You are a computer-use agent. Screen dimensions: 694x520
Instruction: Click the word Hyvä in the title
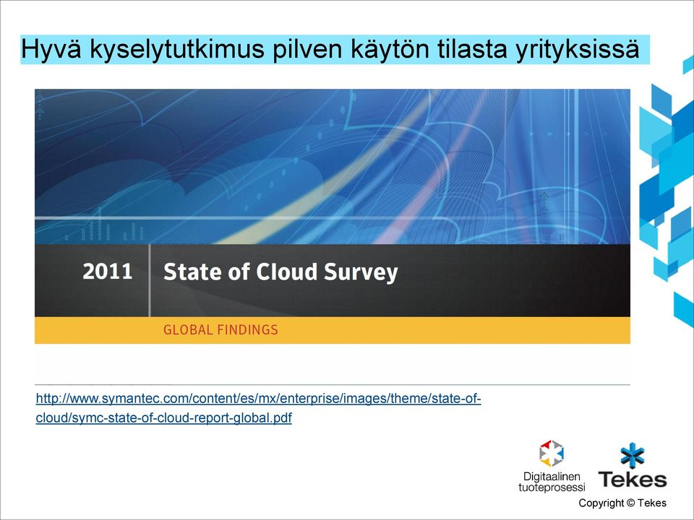(51, 49)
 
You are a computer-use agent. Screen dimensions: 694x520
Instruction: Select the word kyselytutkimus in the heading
(177, 49)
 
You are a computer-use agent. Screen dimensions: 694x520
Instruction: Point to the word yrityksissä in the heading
(577, 49)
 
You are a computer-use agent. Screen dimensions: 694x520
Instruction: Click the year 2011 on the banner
(108, 271)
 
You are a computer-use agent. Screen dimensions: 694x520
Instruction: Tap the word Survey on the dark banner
(361, 272)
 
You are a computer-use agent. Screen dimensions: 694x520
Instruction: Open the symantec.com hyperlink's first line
(259, 399)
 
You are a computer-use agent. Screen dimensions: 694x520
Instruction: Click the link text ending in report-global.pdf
(164, 418)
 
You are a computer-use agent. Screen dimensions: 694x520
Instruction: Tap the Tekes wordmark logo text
(632, 480)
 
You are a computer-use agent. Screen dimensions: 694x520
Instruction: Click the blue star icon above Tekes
(633, 455)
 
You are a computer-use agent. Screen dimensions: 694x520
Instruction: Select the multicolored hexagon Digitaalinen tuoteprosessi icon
(552, 454)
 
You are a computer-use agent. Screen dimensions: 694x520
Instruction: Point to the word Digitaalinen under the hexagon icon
(552, 477)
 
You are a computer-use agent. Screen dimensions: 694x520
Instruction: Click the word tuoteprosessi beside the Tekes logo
(552, 487)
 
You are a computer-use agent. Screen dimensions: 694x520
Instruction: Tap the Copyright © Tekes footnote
(622, 503)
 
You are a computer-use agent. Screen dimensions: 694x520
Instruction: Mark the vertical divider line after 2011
(150, 280)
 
